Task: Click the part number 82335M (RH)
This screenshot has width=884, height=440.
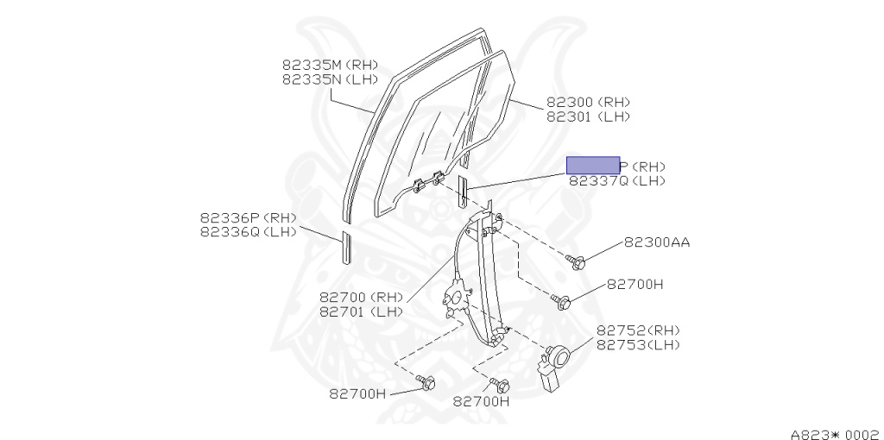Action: click(319, 65)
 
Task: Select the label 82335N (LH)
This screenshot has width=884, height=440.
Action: click(319, 79)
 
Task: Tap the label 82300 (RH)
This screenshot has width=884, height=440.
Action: click(588, 102)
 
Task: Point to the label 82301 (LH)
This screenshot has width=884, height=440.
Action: click(588, 116)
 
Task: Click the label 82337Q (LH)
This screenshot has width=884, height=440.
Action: click(616, 180)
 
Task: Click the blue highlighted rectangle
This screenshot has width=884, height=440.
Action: click(592, 166)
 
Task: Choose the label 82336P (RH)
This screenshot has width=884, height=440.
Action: click(248, 217)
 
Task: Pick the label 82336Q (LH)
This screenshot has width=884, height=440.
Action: click(248, 231)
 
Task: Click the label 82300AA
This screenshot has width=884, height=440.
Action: click(657, 242)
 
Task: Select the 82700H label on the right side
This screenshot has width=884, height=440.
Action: click(635, 283)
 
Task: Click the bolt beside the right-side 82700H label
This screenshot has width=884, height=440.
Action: click(563, 302)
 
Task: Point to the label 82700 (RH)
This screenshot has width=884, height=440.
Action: click(361, 298)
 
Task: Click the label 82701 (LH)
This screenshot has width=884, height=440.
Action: click(361, 311)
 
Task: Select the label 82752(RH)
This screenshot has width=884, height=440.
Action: click(638, 330)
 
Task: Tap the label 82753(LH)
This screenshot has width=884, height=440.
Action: click(638, 344)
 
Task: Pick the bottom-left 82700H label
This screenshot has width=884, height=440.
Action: click(357, 393)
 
